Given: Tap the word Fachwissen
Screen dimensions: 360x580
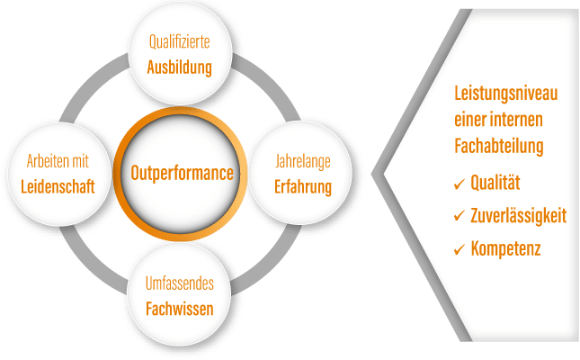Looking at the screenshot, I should pyautogui.click(x=181, y=309).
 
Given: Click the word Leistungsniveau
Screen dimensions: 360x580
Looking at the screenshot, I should pyautogui.click(x=507, y=93).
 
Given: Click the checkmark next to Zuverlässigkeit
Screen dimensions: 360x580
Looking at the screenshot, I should pyautogui.click(x=460, y=217).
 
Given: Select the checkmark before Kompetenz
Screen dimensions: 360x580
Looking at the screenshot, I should pyautogui.click(x=460, y=248).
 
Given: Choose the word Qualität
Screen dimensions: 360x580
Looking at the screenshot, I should pyautogui.click(x=495, y=184).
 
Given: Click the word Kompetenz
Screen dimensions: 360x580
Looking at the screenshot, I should pyautogui.click(x=505, y=247).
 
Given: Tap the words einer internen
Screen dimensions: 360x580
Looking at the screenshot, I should pyautogui.click(x=499, y=118).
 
